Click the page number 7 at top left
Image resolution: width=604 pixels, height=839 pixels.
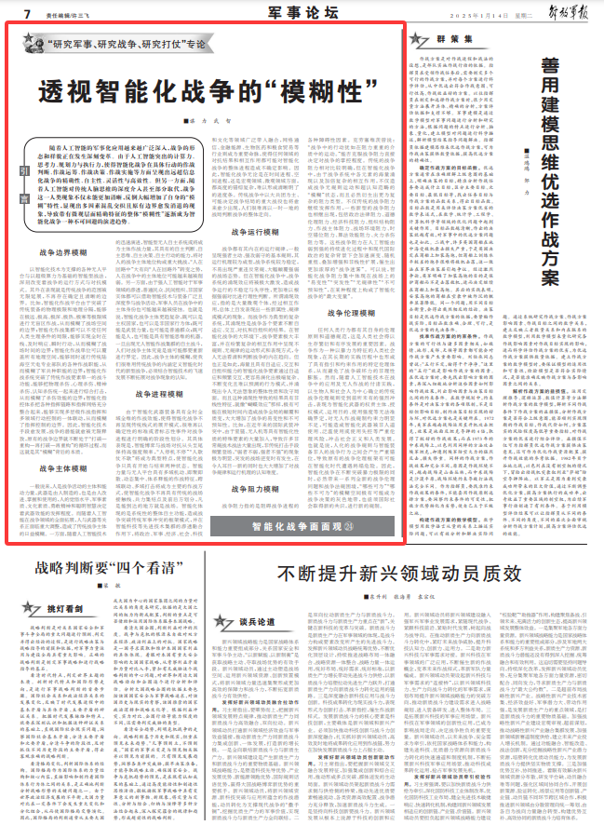(x=28, y=13)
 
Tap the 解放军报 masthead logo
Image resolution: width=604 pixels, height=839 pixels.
(x=555, y=12)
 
